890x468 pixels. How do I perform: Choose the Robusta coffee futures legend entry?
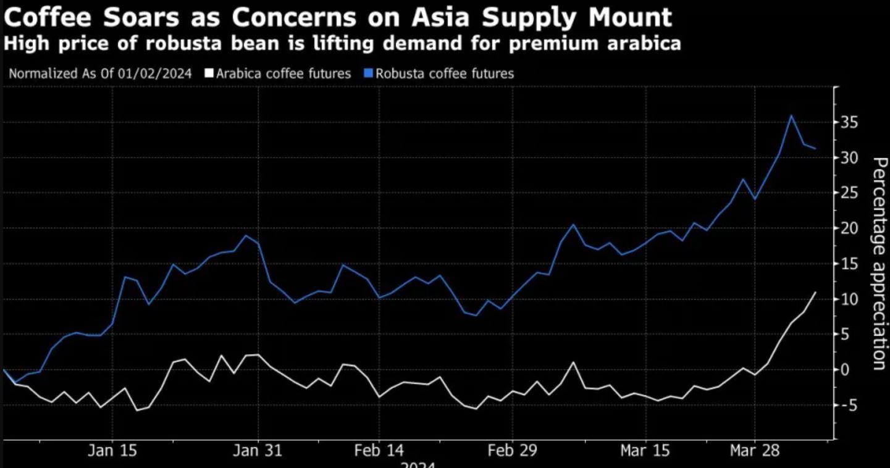444,73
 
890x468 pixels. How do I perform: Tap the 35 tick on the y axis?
852,123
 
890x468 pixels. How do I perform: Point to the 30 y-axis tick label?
852,158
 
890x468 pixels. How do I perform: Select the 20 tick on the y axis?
852,229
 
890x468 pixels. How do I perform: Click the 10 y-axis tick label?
852,299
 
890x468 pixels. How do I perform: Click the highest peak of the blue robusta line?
791,115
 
